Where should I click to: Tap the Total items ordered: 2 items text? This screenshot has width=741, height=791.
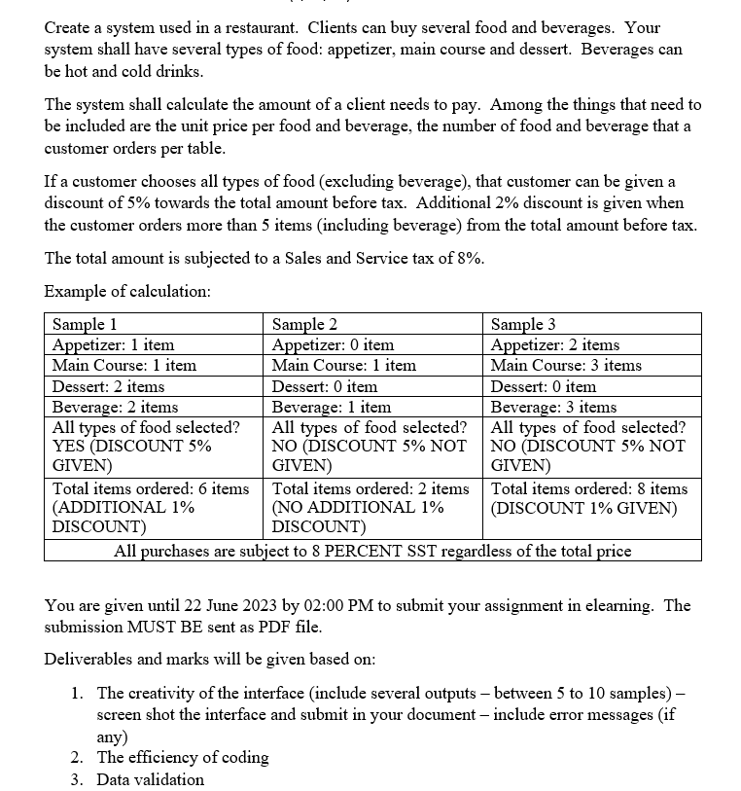(370, 488)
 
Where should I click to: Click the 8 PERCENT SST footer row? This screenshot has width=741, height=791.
(372, 551)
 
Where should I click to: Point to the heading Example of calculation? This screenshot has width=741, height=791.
(127, 291)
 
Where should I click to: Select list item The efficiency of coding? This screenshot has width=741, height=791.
(183, 757)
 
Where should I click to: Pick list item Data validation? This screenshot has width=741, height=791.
(151, 778)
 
